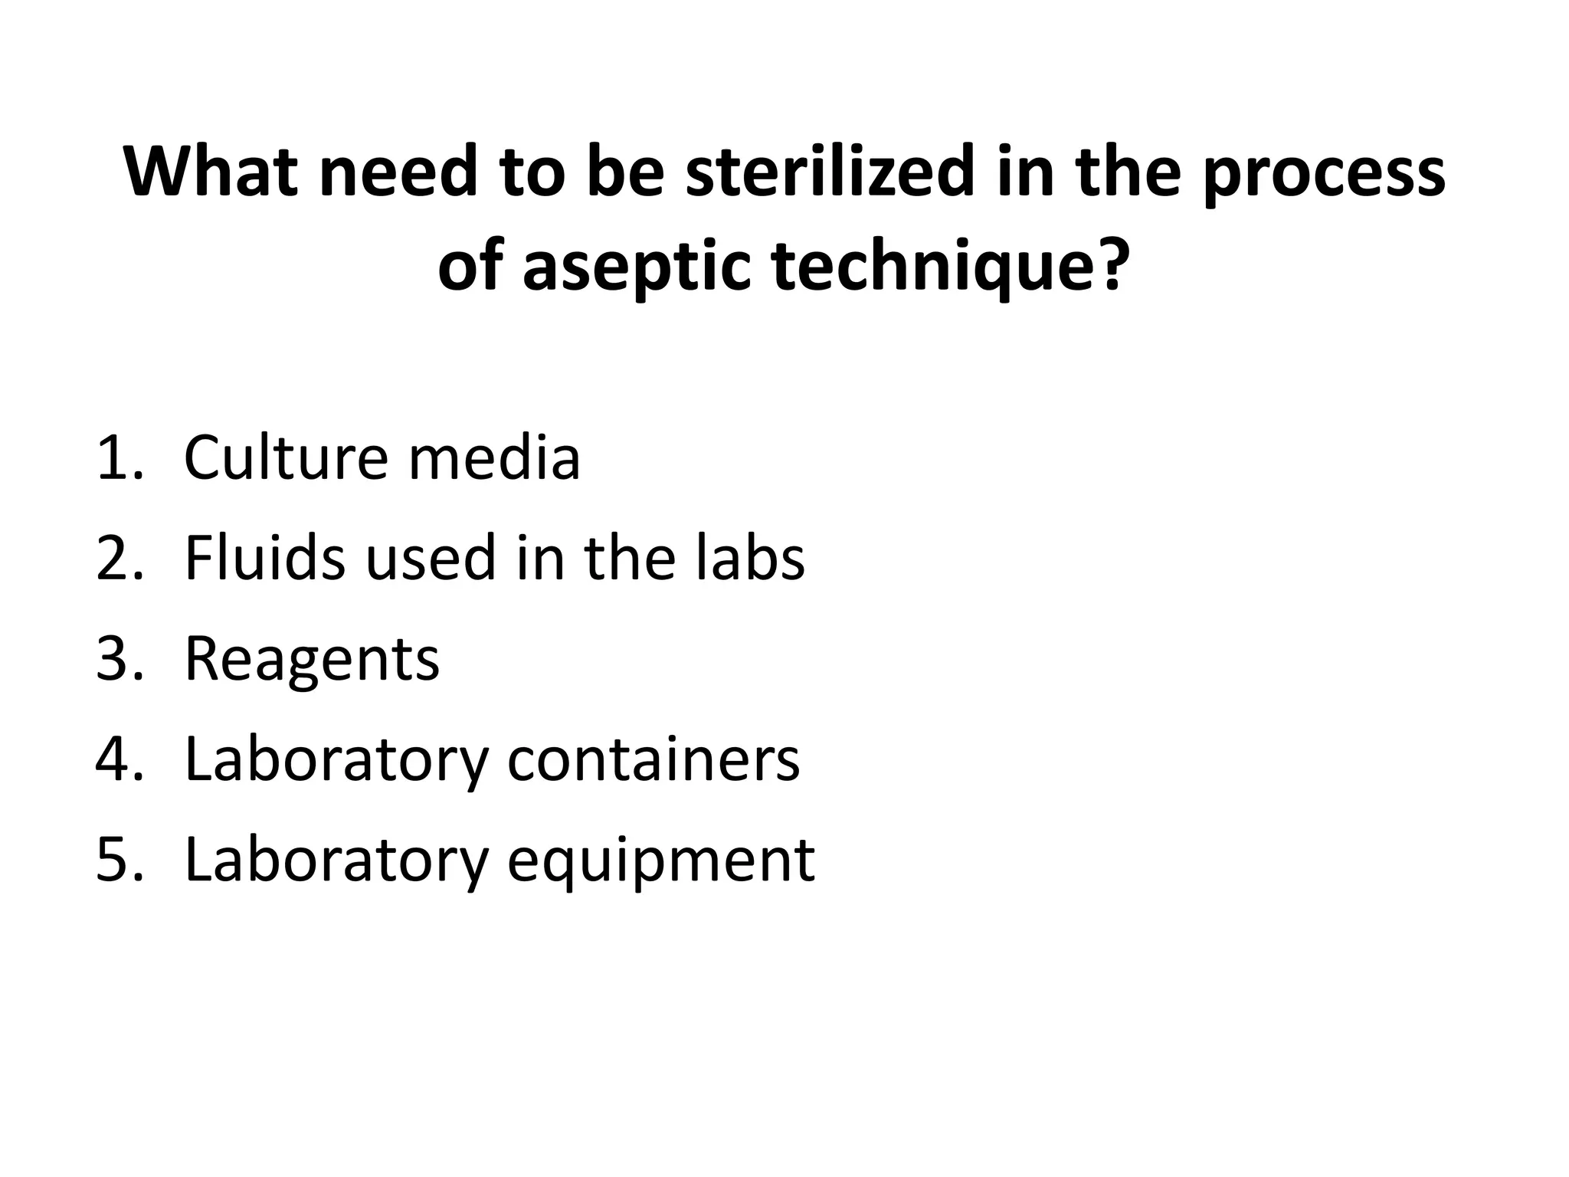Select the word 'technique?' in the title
click(x=950, y=267)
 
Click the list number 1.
click(x=119, y=457)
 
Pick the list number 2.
click(x=119, y=558)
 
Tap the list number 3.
click(x=119, y=658)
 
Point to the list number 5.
click(x=119, y=859)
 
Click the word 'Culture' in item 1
click(x=286, y=457)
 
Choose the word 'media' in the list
click(x=493, y=457)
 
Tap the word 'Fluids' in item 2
click(x=265, y=558)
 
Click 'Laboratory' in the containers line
click(x=336, y=760)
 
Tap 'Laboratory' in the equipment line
click(x=336, y=861)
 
